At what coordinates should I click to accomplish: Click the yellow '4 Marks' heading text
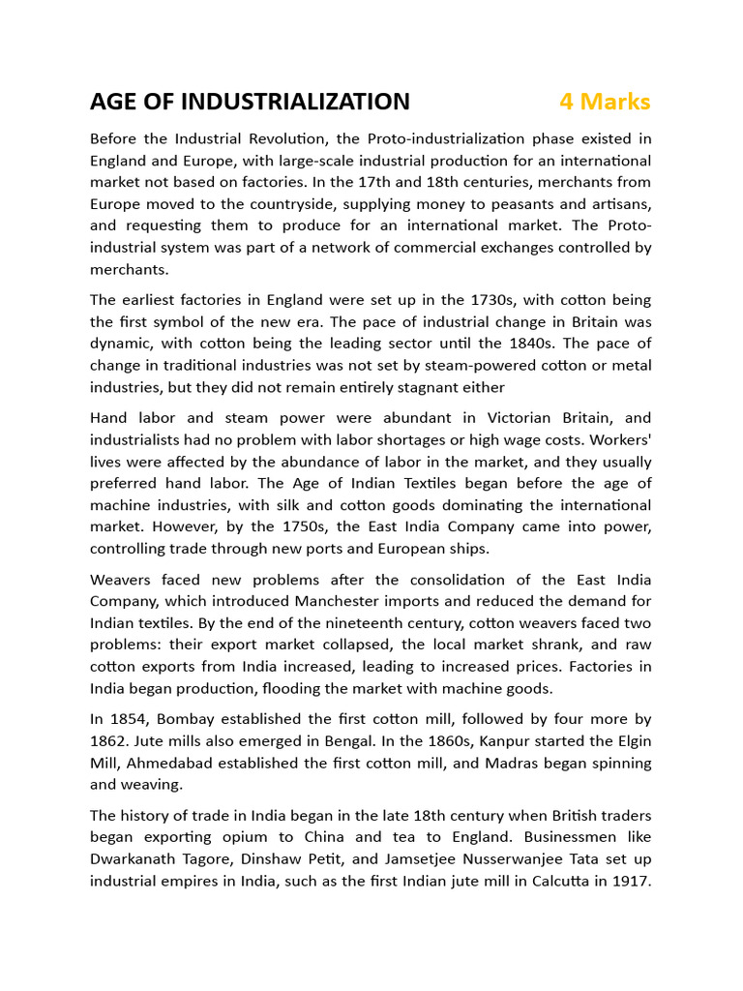[x=605, y=102]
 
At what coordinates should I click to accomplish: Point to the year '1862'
[x=112, y=740]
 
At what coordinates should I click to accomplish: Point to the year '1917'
[x=629, y=880]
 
